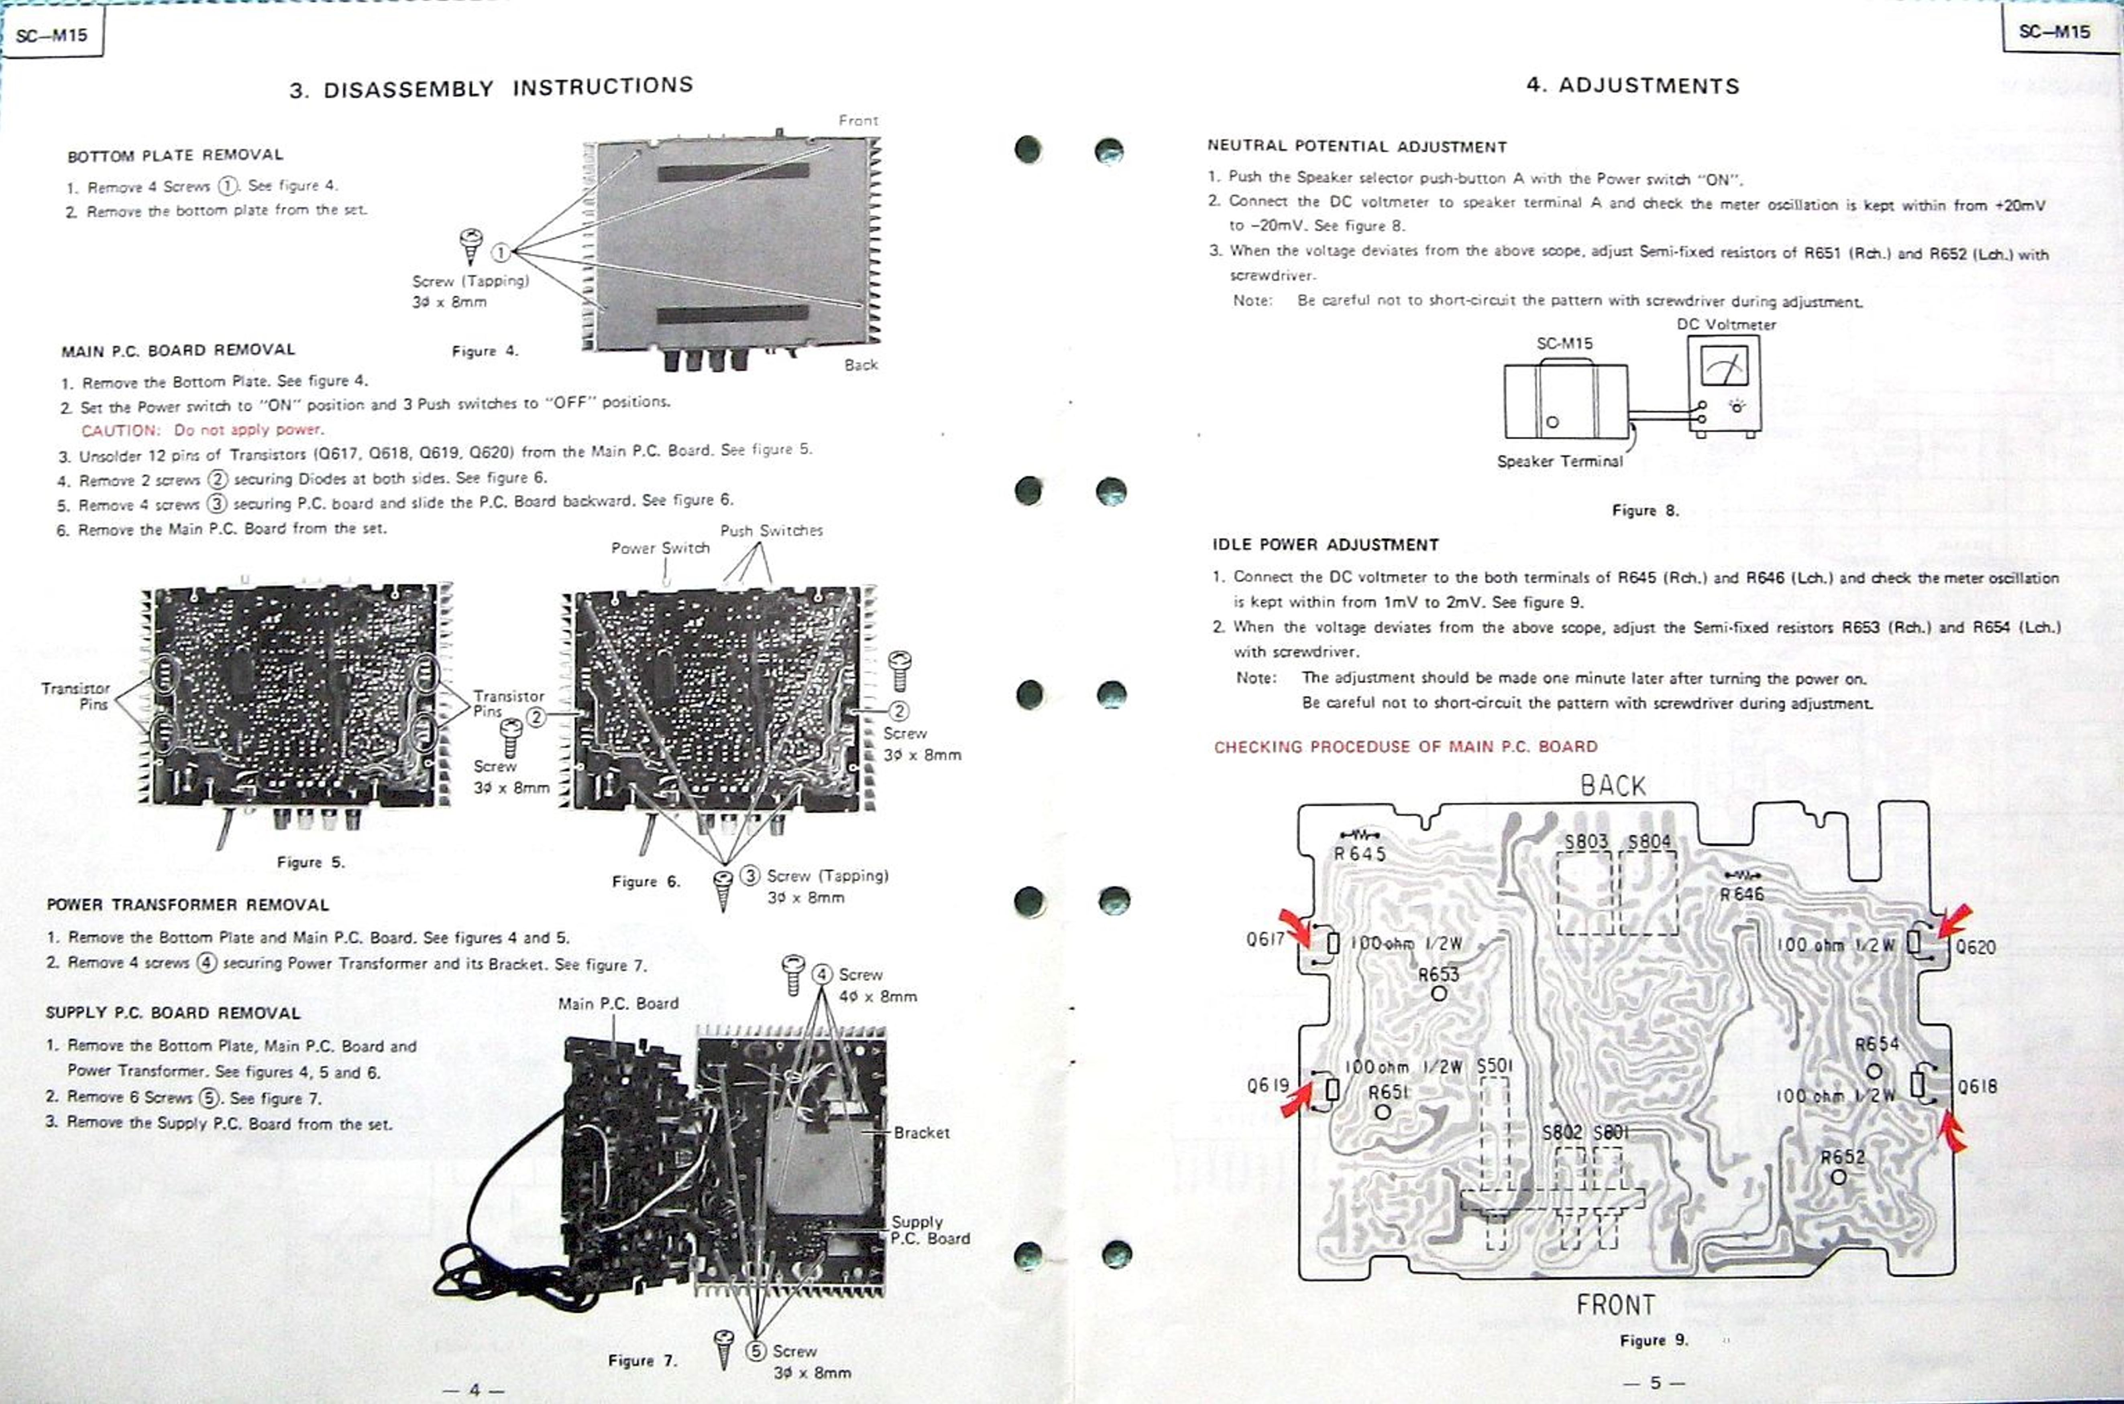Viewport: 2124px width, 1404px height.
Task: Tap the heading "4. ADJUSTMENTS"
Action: pyautogui.click(x=1632, y=86)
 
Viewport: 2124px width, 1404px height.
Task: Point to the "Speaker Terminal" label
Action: pyautogui.click(x=1560, y=461)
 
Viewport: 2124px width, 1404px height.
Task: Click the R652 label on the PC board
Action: pyautogui.click(x=1842, y=1157)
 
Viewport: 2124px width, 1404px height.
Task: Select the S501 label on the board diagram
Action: pyautogui.click(x=1494, y=1065)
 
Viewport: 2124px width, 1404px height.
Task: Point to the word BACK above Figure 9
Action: pyautogui.click(x=1613, y=786)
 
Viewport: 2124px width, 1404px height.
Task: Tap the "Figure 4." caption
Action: pyautogui.click(x=485, y=351)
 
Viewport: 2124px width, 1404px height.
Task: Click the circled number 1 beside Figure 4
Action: pyautogui.click(x=501, y=252)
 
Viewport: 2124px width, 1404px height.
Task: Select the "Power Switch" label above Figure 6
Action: pyautogui.click(x=660, y=548)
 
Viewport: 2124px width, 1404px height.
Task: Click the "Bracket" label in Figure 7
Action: pyautogui.click(x=921, y=1133)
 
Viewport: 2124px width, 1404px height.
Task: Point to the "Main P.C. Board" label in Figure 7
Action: pyautogui.click(x=618, y=1004)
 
